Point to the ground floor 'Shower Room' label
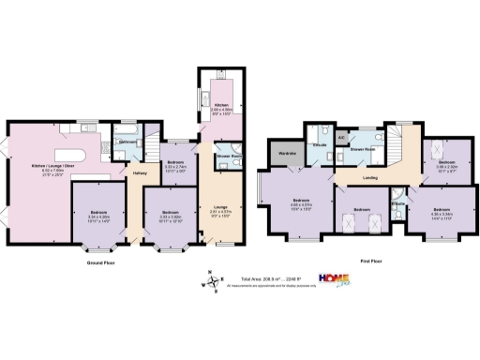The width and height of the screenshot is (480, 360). tap(228, 156)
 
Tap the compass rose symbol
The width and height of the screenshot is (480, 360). tap(213, 279)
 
